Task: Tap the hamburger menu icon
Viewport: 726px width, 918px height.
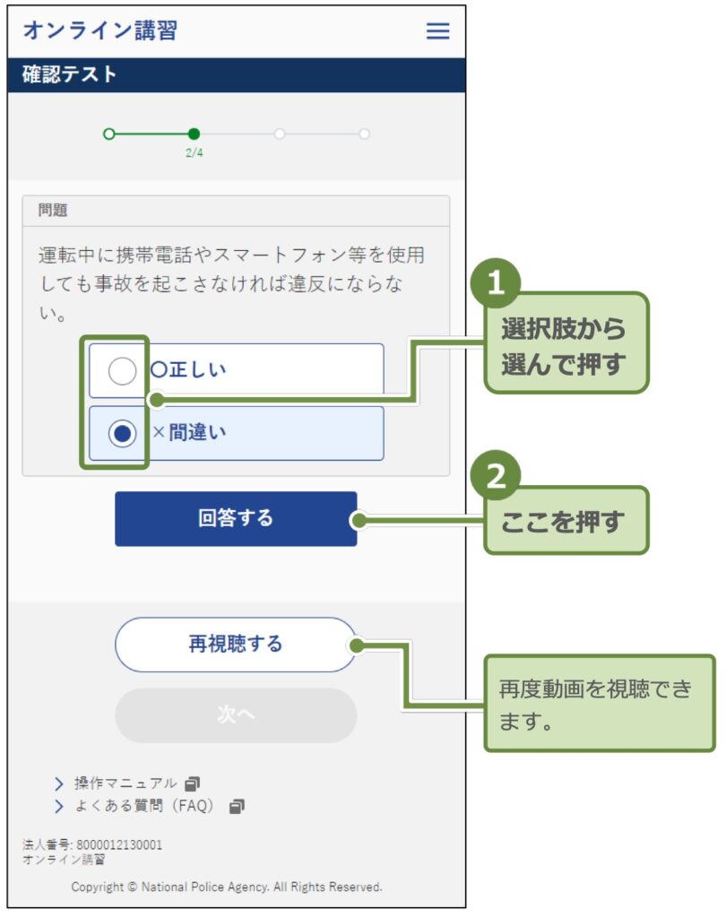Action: point(437,31)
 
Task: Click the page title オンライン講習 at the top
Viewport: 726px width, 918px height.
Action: point(99,30)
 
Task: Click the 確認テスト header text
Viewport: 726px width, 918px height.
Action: point(70,75)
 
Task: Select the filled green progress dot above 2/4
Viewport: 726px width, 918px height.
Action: point(194,134)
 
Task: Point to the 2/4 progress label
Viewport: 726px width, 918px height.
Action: point(194,152)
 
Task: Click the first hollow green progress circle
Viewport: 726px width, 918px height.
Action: point(109,134)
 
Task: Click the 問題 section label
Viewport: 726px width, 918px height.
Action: point(53,212)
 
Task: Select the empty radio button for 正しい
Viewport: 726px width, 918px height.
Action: point(122,370)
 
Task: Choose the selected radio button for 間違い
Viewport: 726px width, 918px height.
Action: point(122,433)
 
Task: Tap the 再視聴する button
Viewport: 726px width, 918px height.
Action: point(236,645)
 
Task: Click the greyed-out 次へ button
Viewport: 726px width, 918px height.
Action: point(236,714)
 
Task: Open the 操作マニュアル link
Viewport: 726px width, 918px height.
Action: point(126,784)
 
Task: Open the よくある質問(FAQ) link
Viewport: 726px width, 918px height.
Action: point(144,806)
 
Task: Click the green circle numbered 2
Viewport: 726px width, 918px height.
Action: point(496,479)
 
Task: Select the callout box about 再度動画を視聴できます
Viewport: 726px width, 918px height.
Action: point(599,704)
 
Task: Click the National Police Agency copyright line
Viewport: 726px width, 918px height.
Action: point(227,887)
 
